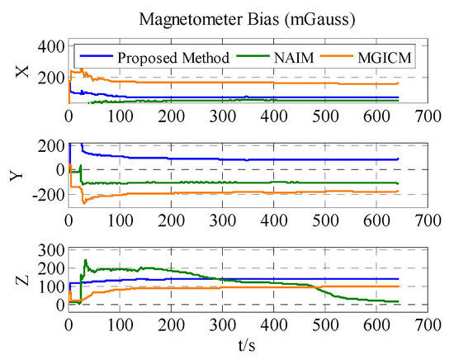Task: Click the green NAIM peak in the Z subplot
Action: (x=85, y=261)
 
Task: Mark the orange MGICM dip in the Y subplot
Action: (x=83, y=202)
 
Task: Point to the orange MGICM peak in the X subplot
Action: (x=74, y=70)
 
